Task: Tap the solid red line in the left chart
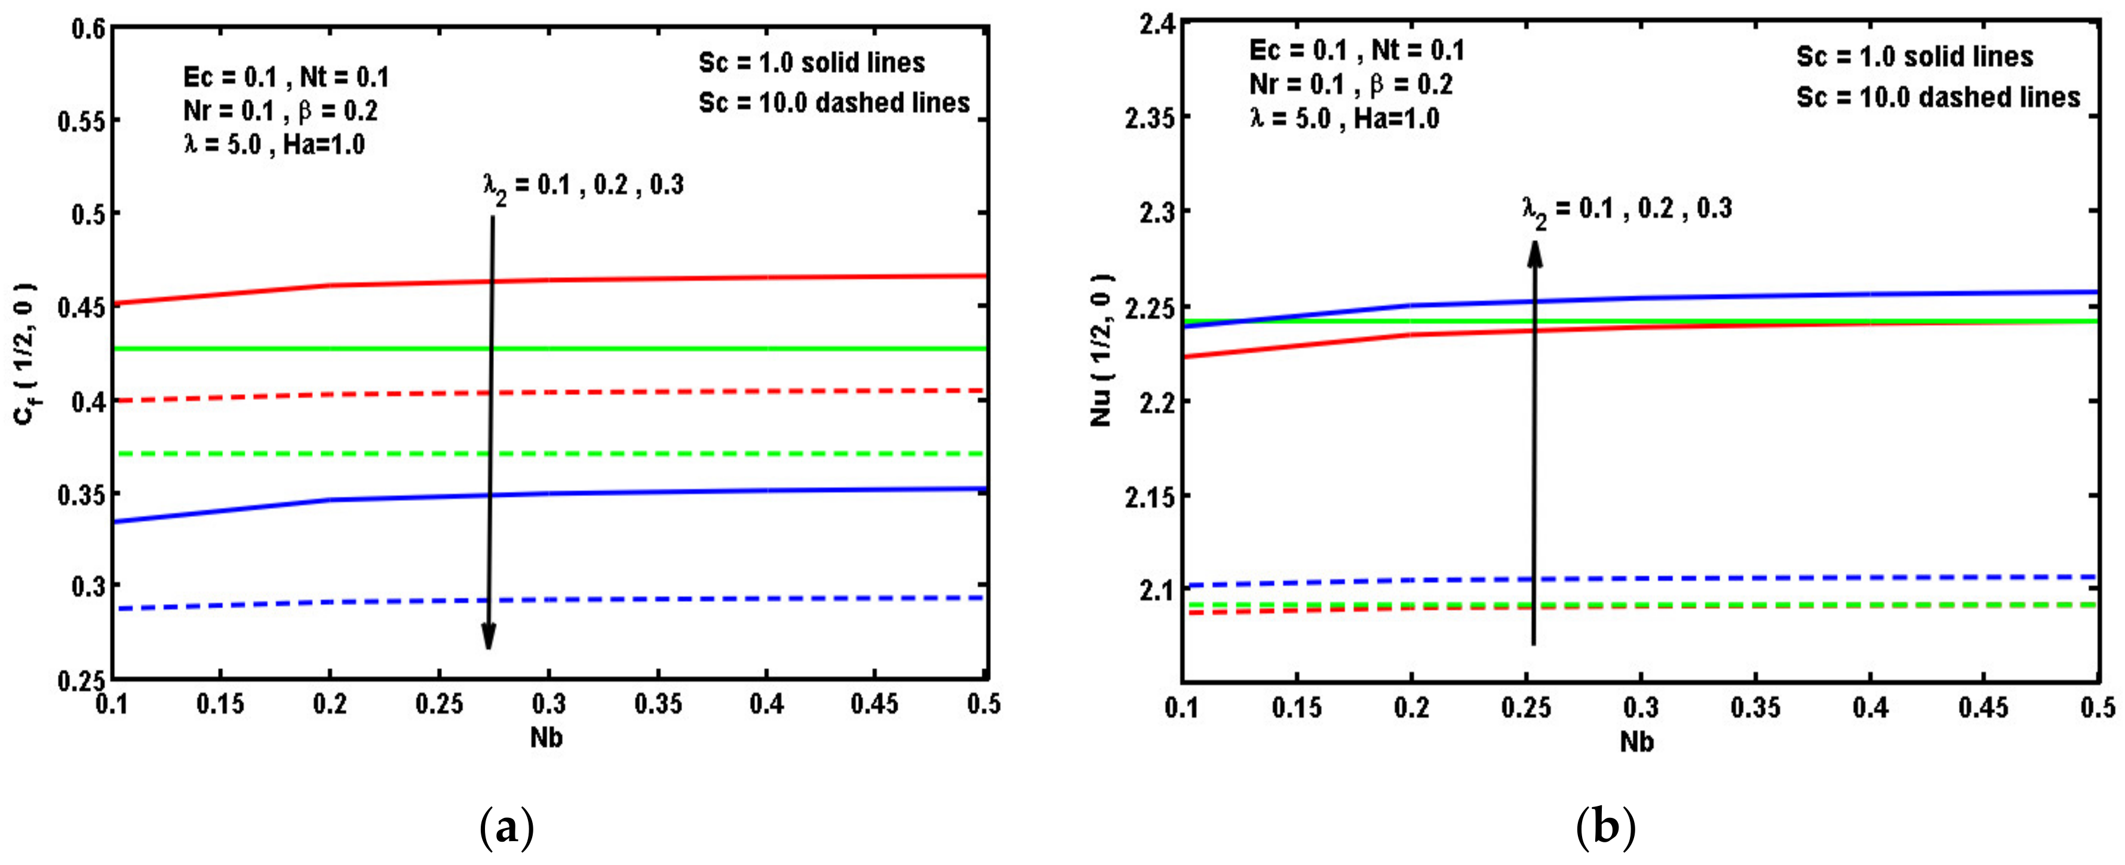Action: [x=660, y=279]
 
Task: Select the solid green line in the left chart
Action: [x=660, y=349]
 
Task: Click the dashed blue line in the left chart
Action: [x=660, y=599]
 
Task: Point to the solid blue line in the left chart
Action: [x=660, y=492]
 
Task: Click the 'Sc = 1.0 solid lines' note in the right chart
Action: [x=1915, y=57]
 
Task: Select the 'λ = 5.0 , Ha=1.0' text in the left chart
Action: [x=274, y=146]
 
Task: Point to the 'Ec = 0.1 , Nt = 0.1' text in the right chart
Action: [x=1357, y=51]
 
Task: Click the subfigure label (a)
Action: [x=506, y=827]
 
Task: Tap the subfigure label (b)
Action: [x=1605, y=827]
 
